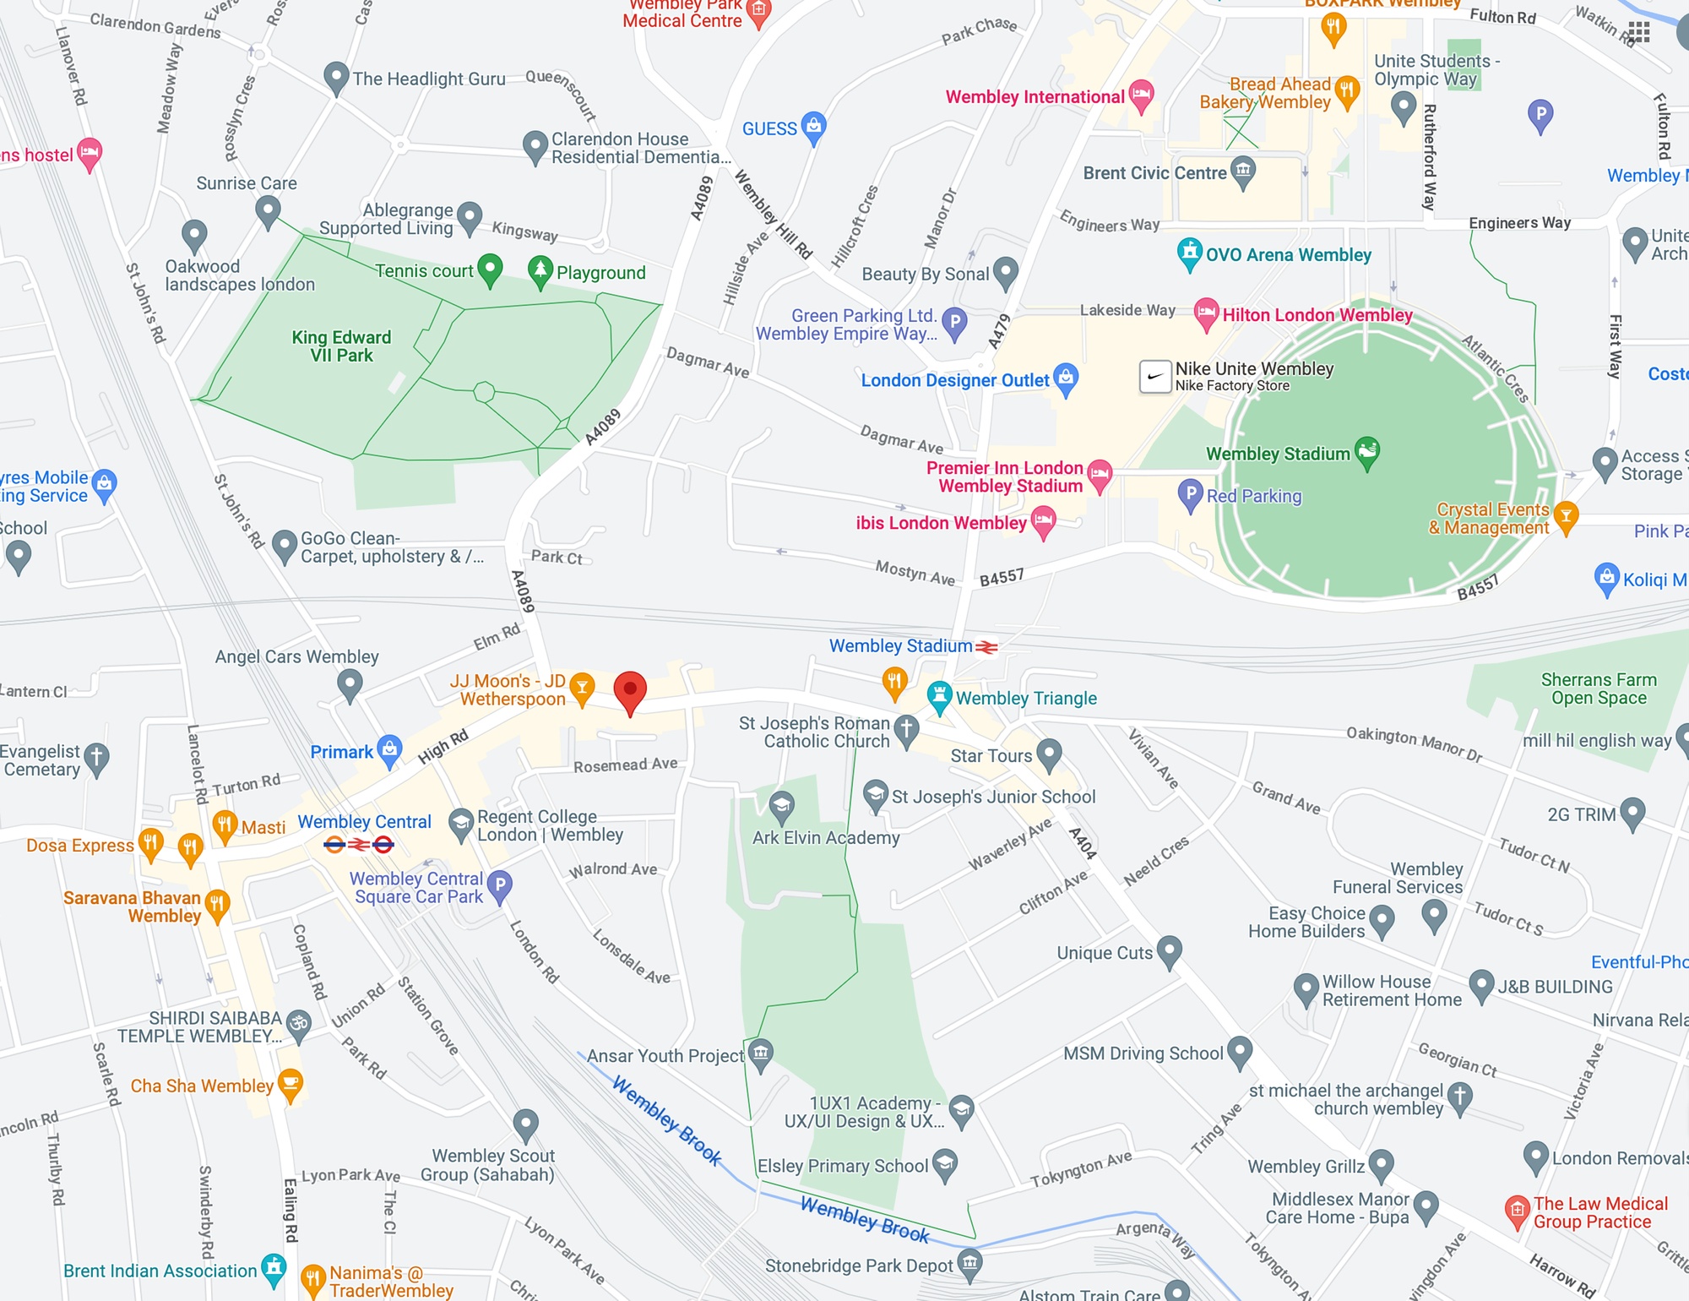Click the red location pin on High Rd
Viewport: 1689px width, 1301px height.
pos(630,691)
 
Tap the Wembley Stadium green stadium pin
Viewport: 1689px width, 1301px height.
pos(1367,451)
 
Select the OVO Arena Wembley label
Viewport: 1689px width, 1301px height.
pos(1288,255)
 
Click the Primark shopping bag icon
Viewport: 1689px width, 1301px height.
pos(389,749)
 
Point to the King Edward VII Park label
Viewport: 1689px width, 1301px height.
pos(341,346)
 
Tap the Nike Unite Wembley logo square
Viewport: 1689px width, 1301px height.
pos(1155,377)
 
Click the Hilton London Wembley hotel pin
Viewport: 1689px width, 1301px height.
pos(1207,313)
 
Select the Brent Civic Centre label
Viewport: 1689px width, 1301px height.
pos(1154,173)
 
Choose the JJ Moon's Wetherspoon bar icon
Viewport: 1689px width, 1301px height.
pos(582,687)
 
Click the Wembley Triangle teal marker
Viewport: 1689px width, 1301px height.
pos(939,695)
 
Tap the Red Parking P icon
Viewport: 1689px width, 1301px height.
pos(1190,494)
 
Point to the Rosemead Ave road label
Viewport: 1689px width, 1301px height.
pos(625,765)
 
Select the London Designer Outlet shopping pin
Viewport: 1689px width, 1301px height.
pos(1067,378)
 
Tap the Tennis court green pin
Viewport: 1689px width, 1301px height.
pos(490,269)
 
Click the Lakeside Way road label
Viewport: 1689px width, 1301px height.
pos(1127,310)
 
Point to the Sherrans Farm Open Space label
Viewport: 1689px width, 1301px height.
pos(1599,689)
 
